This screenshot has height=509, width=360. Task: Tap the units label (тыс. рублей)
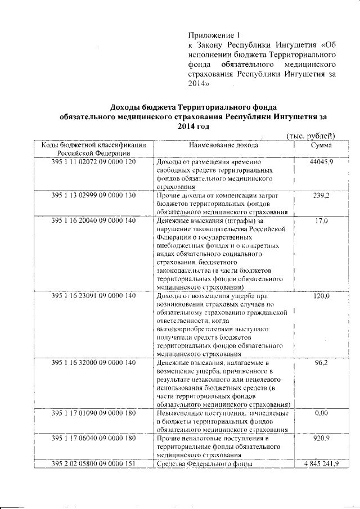tap(311, 136)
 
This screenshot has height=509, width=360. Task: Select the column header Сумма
tap(321, 145)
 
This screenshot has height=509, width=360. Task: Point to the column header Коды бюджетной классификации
tap(94, 145)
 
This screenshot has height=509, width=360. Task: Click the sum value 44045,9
tap(321, 161)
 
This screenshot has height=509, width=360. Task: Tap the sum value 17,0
tap(321, 221)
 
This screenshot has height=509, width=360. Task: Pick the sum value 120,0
tap(321, 295)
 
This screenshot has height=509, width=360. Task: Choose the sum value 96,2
tap(321, 363)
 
